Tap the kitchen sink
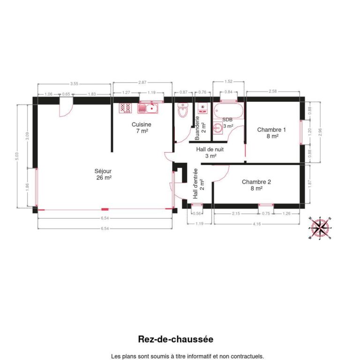coord(149,109)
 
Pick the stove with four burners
coord(125,108)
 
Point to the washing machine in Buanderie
coord(202,109)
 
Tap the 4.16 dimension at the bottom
coord(256,224)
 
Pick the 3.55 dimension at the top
coord(74,83)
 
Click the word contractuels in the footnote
coord(247,356)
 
